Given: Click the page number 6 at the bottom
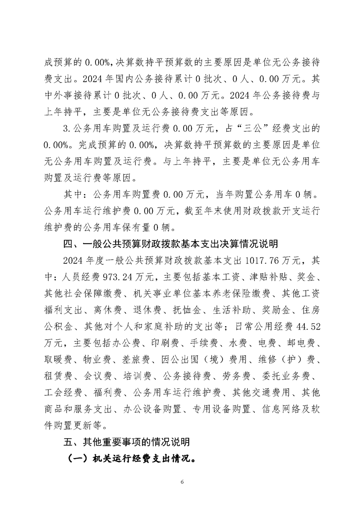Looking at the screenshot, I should click(x=182, y=482).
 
